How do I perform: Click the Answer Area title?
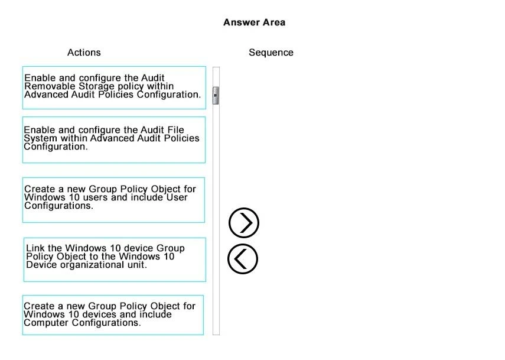254,22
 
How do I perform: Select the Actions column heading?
84,53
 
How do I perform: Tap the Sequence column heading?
271,53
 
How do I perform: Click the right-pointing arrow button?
243,223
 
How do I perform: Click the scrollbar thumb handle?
216,95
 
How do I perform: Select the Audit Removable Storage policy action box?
114,87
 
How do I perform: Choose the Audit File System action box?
114,140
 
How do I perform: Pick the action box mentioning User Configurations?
113,200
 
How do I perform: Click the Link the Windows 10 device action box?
115,260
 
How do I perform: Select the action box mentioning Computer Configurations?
113,315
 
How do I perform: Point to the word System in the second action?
38,138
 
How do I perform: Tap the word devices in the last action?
92,314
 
